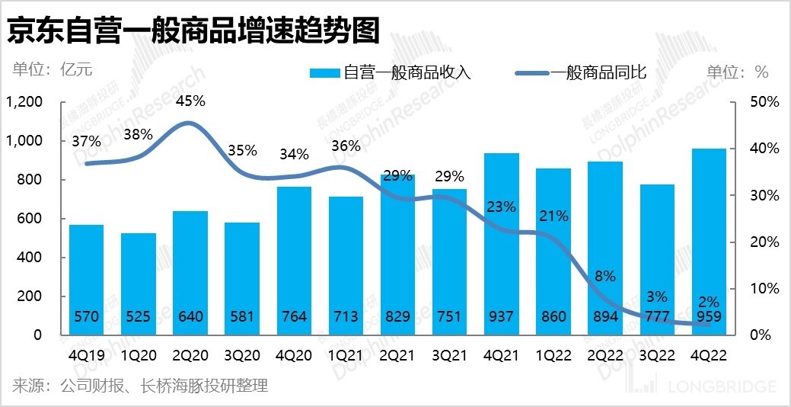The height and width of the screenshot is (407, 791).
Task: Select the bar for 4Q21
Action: coord(501,244)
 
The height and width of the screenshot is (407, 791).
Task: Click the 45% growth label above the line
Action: coord(190,101)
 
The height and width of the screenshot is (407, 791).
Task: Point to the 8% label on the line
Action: coord(605,276)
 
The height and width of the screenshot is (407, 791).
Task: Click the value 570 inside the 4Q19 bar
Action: coord(86,316)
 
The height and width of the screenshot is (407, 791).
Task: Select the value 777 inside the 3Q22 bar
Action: coord(657,316)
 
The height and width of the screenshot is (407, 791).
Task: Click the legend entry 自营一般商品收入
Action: coord(390,72)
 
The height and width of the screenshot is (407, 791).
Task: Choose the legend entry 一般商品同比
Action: coord(582,72)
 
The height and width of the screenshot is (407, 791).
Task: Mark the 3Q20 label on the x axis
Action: coord(241,354)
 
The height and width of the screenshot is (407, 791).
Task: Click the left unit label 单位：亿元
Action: coord(52,70)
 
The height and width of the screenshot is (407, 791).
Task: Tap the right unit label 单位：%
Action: coord(737,72)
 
